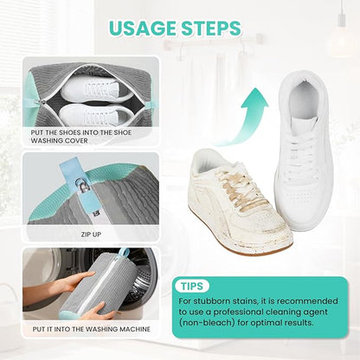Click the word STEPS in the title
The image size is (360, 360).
tap(213, 29)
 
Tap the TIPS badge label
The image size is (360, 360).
tap(192, 286)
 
